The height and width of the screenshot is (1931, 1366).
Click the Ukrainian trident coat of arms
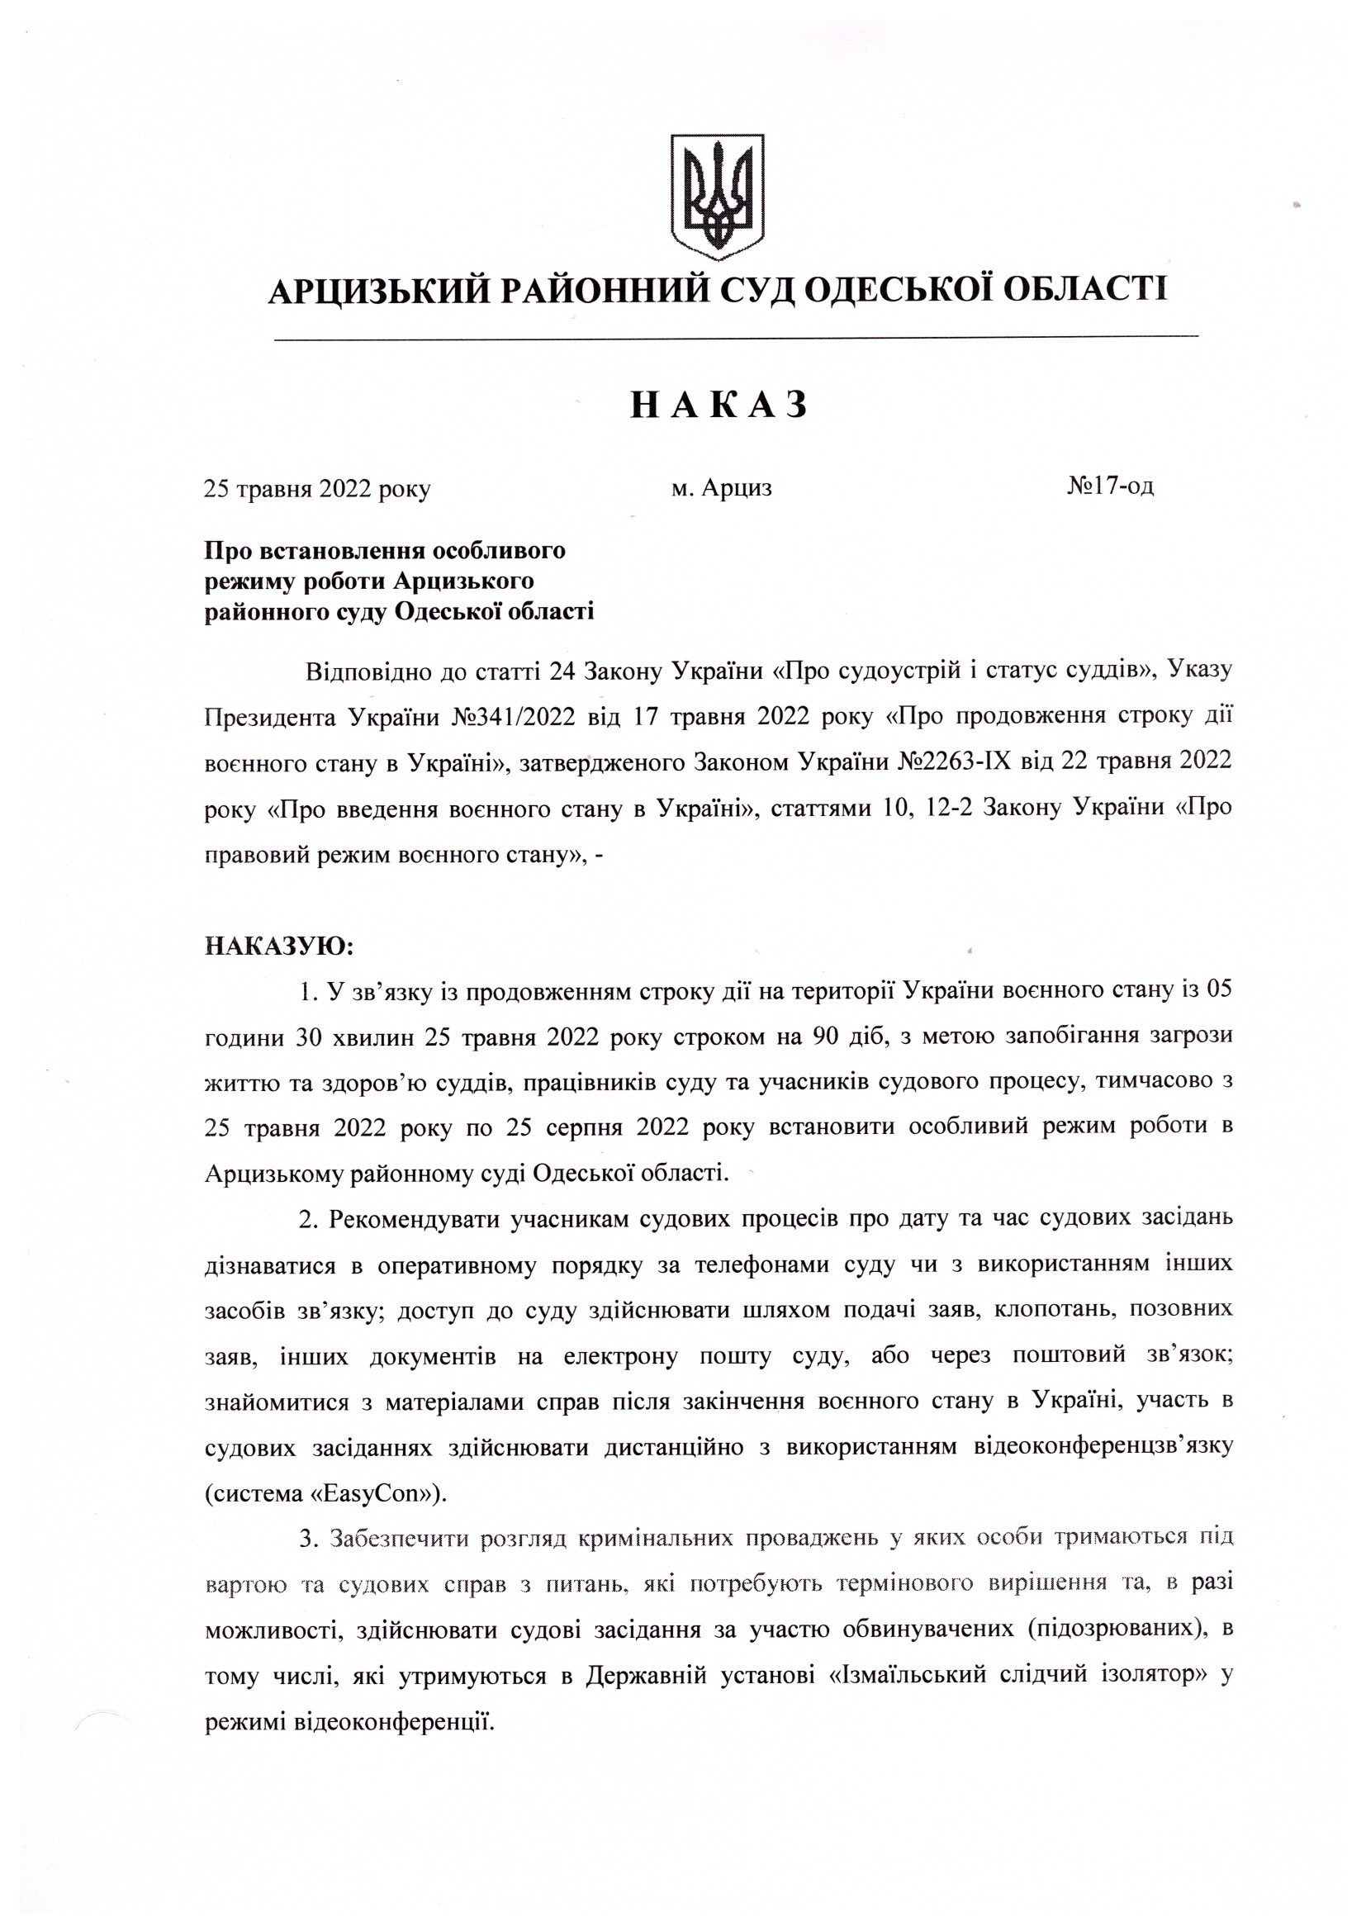[718, 195]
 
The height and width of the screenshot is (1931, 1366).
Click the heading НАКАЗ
[719, 406]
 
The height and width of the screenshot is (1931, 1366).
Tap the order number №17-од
[1109, 486]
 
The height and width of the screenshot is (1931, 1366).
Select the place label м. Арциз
[721, 488]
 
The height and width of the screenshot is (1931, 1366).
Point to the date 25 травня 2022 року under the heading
[317, 490]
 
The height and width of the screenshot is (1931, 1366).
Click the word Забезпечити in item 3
[400, 1539]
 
